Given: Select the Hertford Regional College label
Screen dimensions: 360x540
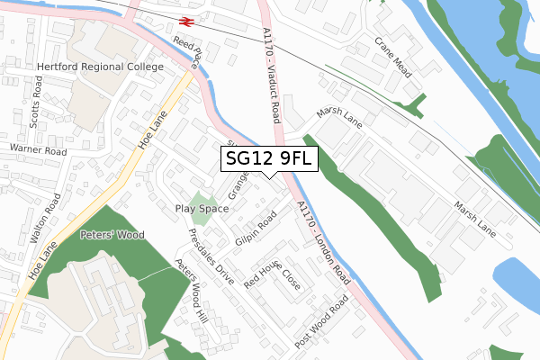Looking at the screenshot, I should coord(100,67).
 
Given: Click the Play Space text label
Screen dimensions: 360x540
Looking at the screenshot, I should coord(202,208).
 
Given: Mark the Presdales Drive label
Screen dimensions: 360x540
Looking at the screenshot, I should coord(211,256).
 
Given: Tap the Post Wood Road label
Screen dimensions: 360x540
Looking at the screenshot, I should coord(320,324).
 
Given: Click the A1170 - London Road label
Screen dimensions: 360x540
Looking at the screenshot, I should coord(322,244).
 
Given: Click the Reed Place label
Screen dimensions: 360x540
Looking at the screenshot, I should coord(188,54).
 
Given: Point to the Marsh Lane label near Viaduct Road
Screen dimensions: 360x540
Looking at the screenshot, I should coord(337,119).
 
